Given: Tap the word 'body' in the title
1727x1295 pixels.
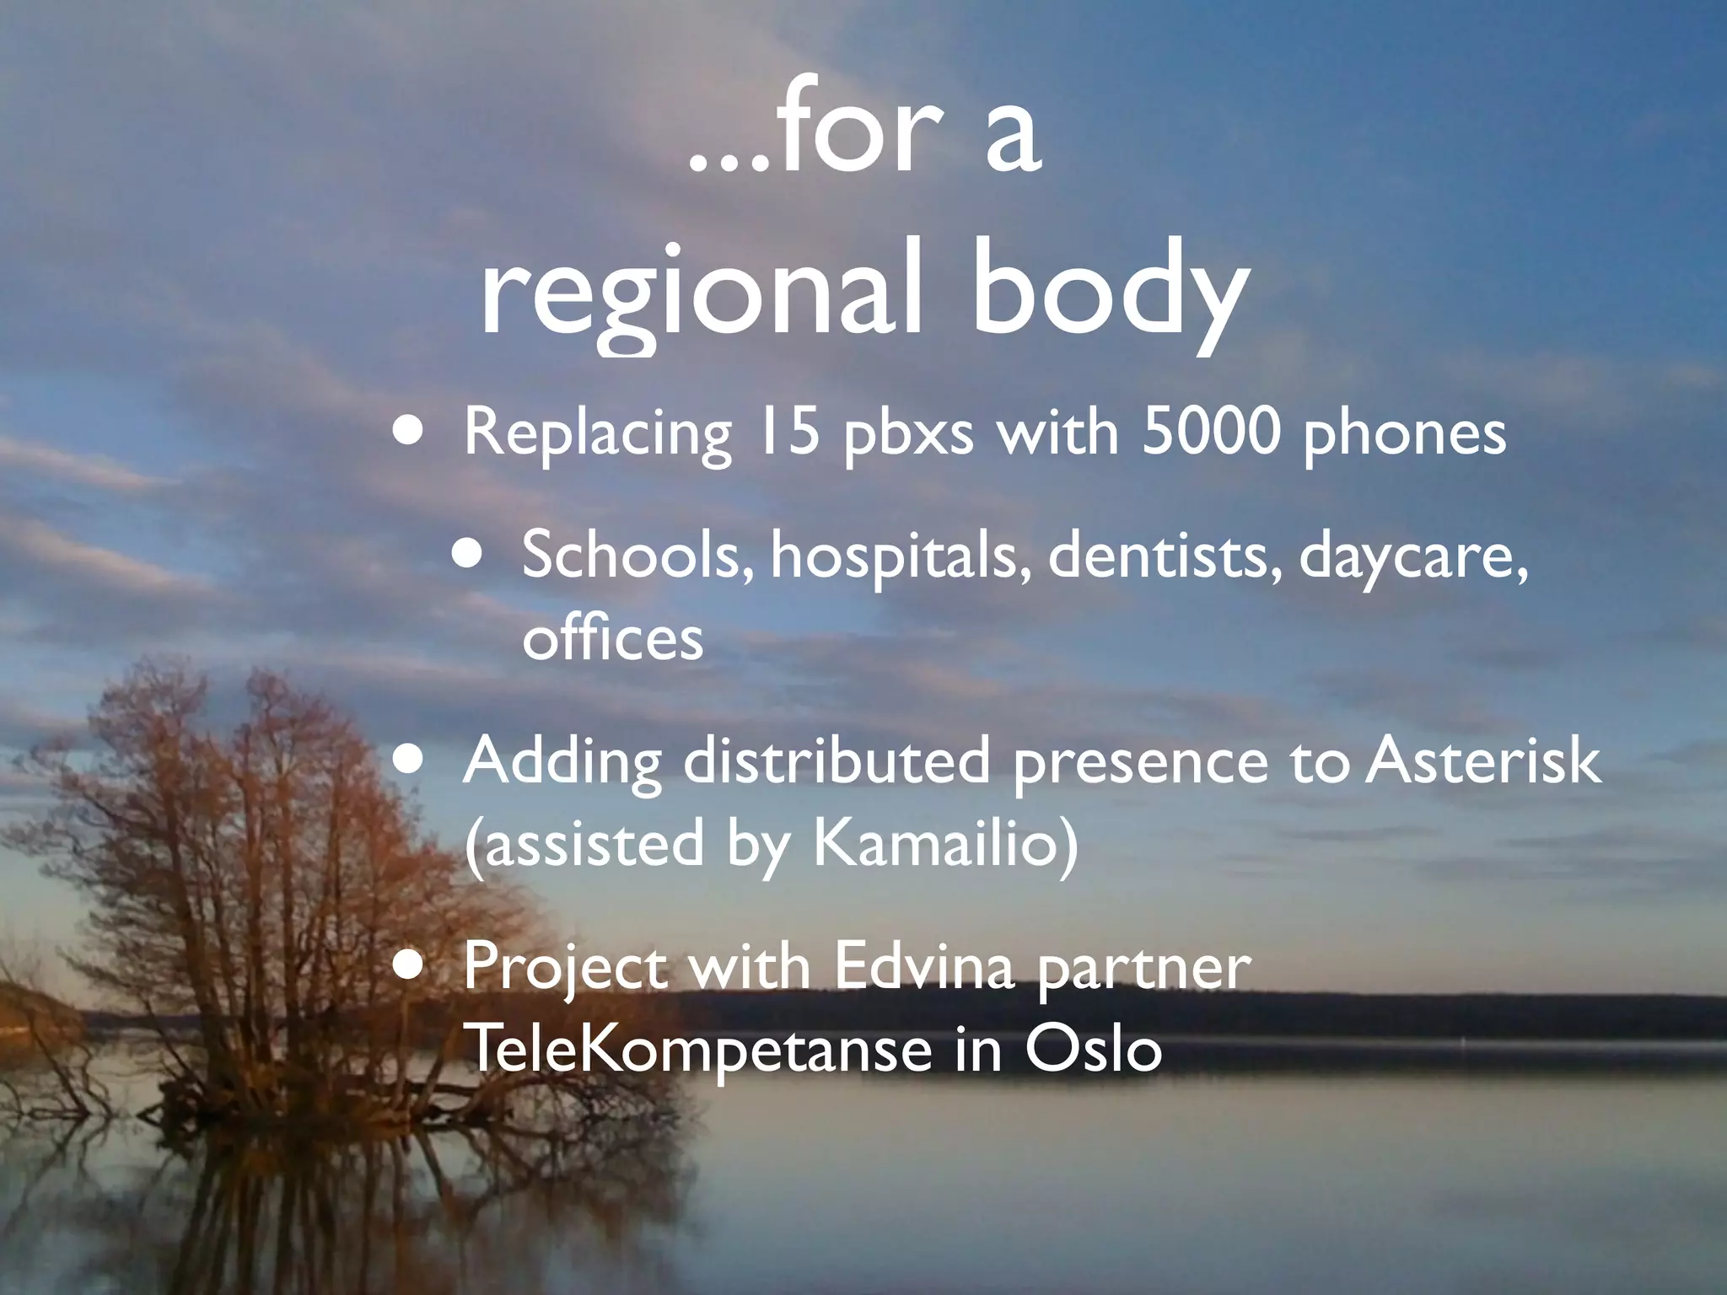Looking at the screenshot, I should pos(1108,291).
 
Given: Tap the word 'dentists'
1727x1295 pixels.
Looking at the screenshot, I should pos(1165,556).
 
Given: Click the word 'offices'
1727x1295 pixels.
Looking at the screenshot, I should pos(612,638).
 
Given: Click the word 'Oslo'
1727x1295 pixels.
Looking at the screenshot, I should pos(1093,1049).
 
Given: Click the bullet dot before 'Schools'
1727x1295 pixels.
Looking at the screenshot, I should pos(468,556).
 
